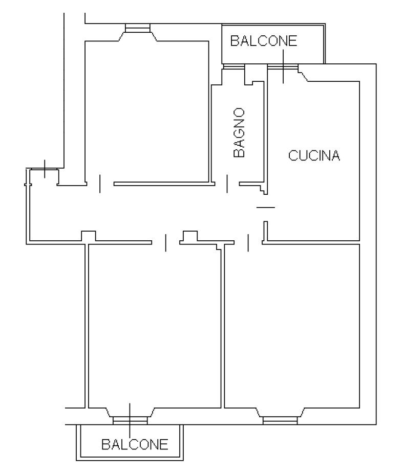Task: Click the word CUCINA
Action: click(314, 155)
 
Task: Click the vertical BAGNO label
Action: click(239, 132)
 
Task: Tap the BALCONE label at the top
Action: click(263, 41)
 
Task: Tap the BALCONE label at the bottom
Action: click(135, 444)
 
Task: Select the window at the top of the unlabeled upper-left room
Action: click(138, 28)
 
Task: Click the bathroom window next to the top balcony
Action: click(234, 66)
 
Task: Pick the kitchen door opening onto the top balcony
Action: click(283, 66)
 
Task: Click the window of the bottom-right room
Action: click(280, 420)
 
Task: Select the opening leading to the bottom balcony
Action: click(130, 420)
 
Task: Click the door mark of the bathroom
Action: click(227, 184)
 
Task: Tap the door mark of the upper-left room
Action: click(100, 184)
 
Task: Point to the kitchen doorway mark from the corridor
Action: click(266, 208)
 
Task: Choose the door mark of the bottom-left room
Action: click(166, 242)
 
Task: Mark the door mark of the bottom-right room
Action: click(248, 242)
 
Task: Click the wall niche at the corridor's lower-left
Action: click(89, 236)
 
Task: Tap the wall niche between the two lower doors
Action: click(190, 236)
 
